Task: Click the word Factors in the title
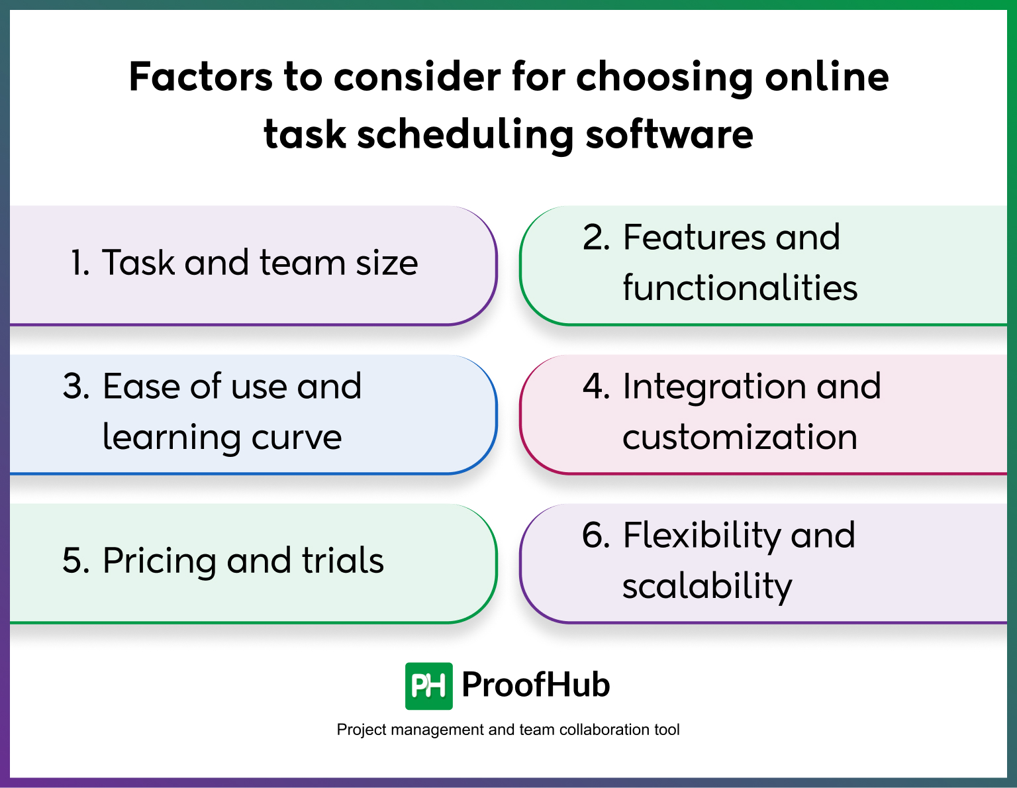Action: pyautogui.click(x=200, y=77)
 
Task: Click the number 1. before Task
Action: pyautogui.click(x=79, y=263)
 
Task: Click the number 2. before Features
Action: pyautogui.click(x=596, y=238)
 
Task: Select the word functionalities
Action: pyautogui.click(x=740, y=288)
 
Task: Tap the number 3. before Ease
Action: pyautogui.click(x=76, y=387)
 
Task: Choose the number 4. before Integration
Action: pyautogui.click(x=596, y=387)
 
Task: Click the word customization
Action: pyautogui.click(x=740, y=438)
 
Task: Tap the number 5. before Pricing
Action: pyautogui.click(x=76, y=561)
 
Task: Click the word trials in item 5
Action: pyautogui.click(x=342, y=561)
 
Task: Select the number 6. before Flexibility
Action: pyautogui.click(x=596, y=536)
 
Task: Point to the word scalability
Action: pyautogui.click(x=706, y=587)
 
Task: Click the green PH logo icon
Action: pyautogui.click(x=428, y=686)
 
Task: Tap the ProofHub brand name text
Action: pyautogui.click(x=535, y=685)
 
